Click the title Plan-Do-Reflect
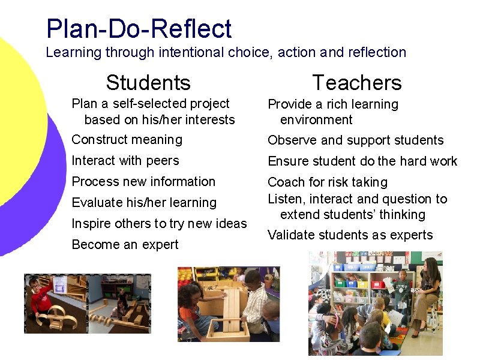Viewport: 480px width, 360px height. pos(139,29)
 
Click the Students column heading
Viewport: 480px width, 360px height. pos(148,82)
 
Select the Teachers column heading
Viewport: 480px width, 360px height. pos(357,82)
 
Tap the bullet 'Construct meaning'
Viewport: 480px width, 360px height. pos(127,140)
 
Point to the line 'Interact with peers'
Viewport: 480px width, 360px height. pos(125,161)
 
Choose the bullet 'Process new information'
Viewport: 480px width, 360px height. pos(143,182)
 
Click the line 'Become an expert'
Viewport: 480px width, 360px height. pos(125,245)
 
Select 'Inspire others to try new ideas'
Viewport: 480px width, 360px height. pos(159,224)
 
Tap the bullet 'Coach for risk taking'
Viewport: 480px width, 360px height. pos(328,182)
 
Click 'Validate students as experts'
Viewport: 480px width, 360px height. pos(350,235)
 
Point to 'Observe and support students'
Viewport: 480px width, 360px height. pos(355,140)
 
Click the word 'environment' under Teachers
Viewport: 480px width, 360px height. pos(316,120)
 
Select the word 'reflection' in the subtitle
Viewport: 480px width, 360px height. pos(376,53)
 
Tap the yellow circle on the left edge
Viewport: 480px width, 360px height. pos(24,108)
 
